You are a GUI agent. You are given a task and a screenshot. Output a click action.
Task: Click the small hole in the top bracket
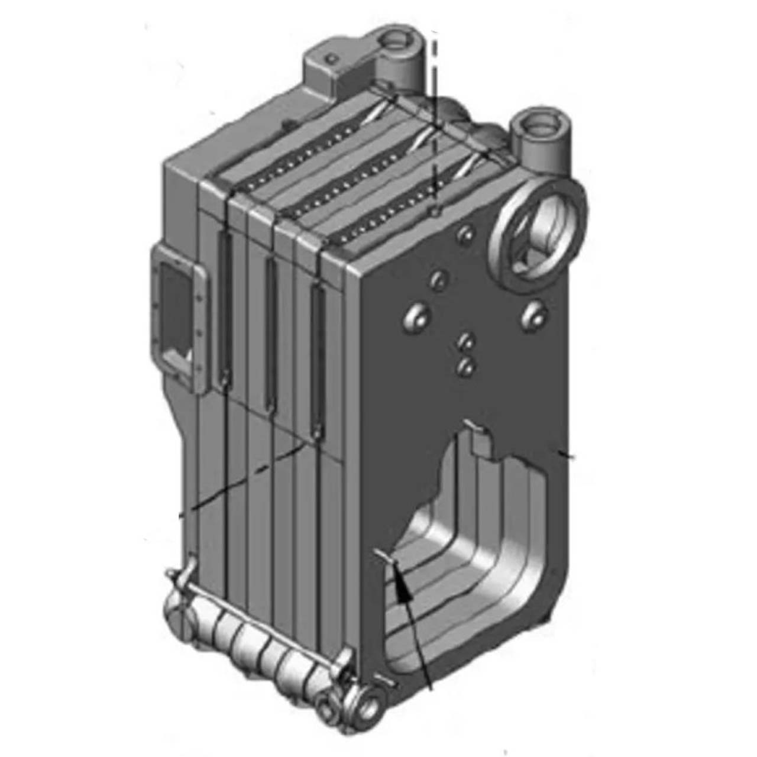click(333, 58)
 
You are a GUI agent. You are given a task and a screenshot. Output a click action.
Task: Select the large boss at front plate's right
click(533, 313)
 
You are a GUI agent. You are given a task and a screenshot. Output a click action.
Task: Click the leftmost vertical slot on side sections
click(224, 308)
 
